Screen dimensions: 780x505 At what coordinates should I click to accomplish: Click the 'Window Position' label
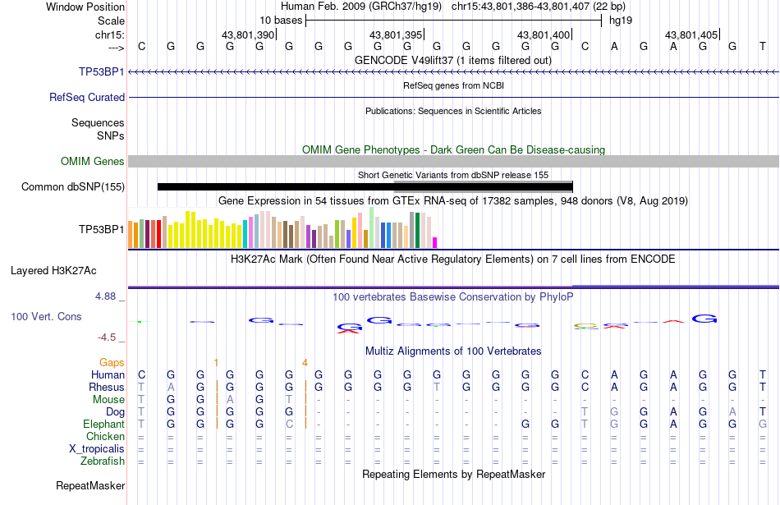pos(85,7)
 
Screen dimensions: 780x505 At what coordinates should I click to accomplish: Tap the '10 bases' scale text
pos(281,21)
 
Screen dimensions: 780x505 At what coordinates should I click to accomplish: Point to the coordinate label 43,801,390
pos(248,34)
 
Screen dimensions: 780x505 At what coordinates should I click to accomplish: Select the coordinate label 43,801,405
pos(691,34)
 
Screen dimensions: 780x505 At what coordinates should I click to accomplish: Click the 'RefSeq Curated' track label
pos(87,98)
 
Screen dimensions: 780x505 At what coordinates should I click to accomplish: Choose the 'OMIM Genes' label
pos(93,161)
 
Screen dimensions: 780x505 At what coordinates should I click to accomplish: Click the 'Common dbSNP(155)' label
pos(73,187)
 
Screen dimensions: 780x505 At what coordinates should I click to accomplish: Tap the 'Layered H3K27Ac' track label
pos(53,271)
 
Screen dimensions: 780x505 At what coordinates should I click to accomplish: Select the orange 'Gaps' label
pos(112,363)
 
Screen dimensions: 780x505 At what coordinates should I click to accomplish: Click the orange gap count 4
pos(305,363)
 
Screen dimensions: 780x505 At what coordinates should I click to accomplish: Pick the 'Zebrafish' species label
pos(103,461)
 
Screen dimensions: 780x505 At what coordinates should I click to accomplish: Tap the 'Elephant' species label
pos(104,425)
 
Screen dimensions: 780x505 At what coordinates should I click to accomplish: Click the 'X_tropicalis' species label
pos(97,449)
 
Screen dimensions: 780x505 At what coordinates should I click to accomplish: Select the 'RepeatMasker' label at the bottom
pos(90,485)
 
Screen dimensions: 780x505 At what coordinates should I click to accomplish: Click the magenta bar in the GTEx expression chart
pos(435,243)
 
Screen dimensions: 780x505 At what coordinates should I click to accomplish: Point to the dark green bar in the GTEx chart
pos(417,231)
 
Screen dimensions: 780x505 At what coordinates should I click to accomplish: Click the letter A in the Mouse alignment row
pos(230,400)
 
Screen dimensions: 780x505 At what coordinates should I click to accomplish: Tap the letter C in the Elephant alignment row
pos(289,425)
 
